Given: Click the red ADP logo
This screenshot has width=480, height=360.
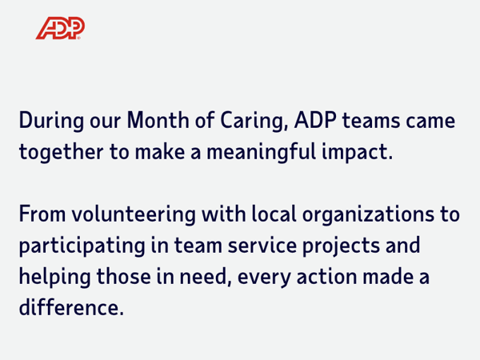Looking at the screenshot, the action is [60, 28].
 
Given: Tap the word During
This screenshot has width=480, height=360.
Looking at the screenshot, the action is [51, 121].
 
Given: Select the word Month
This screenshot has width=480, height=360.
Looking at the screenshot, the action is [158, 120].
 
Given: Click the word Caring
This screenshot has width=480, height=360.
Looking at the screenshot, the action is [254, 121].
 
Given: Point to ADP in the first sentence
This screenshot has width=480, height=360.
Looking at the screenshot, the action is [316, 120].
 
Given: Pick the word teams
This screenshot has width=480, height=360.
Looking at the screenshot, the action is [371, 120].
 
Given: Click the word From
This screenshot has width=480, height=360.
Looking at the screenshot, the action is [42, 214].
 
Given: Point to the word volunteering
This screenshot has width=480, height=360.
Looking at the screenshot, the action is [134, 214].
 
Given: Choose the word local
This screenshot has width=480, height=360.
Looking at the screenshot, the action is [274, 214].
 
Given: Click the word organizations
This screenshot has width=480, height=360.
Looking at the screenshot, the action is [368, 214].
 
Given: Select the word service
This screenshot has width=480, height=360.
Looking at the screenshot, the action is [262, 246].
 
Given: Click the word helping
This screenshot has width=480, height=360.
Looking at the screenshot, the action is [55, 278].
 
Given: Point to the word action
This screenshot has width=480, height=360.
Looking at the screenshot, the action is [326, 277].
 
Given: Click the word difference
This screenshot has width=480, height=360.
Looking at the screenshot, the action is [72, 307].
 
